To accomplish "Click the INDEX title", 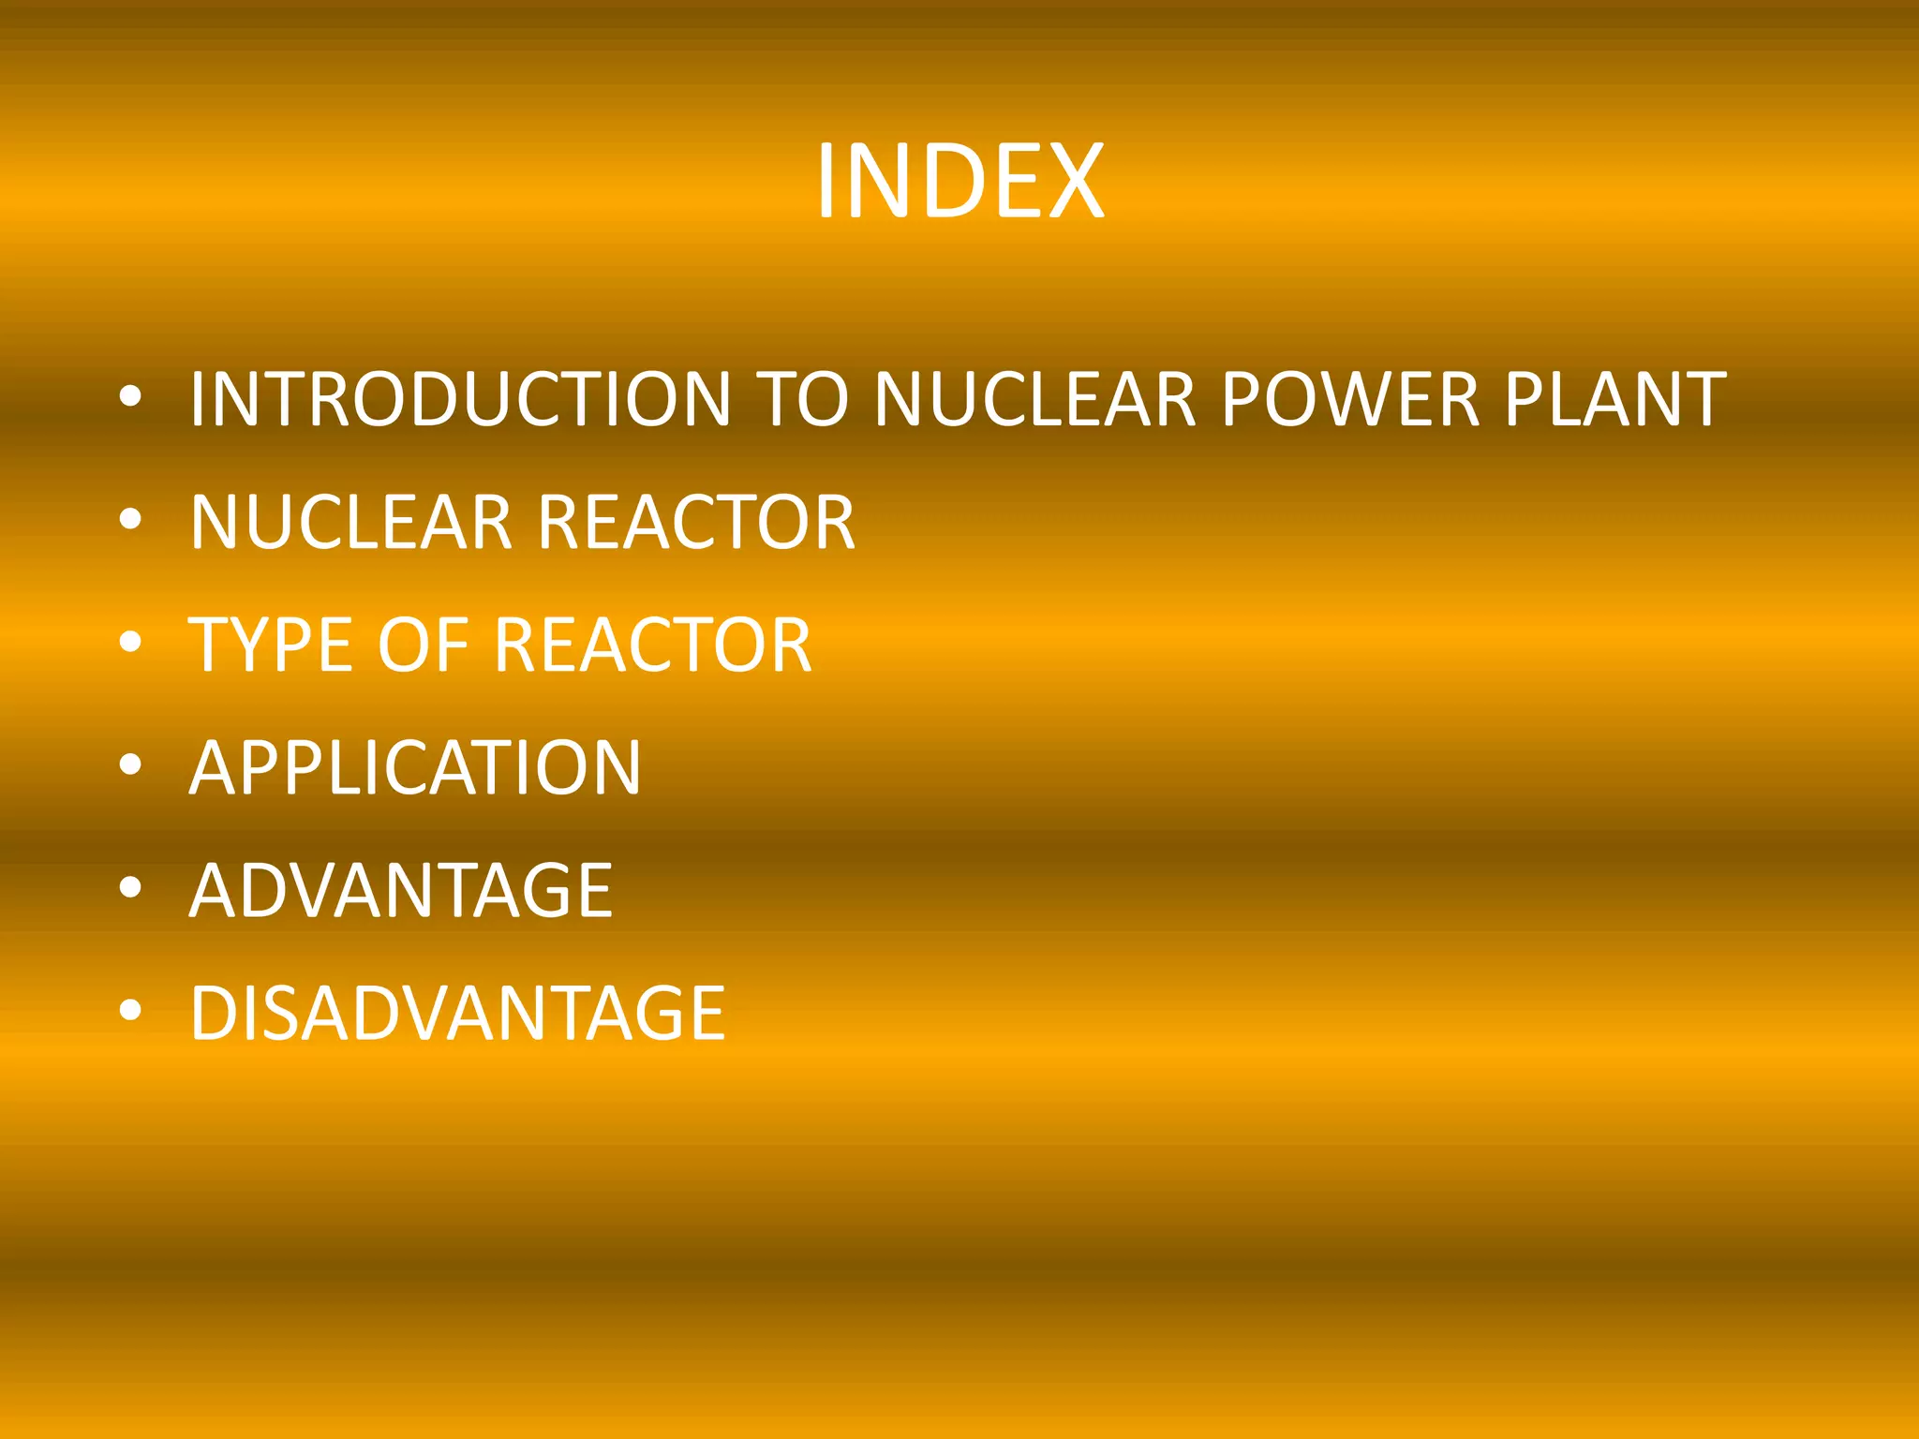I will click(x=959, y=182).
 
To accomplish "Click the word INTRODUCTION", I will click(x=460, y=399).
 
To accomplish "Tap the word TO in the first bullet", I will click(x=802, y=399).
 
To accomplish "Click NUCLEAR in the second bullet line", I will click(x=351, y=522).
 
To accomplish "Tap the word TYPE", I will click(x=272, y=645).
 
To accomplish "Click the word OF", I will click(x=422, y=645).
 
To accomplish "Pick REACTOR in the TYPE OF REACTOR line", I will click(x=652, y=645).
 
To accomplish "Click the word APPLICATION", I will click(x=415, y=767).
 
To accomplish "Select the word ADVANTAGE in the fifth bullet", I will click(x=401, y=890).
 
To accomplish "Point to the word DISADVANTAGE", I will click(x=457, y=1013).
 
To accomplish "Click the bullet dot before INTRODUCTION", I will click(x=131, y=397).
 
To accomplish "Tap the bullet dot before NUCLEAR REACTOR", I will click(x=131, y=519).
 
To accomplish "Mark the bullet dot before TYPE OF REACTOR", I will click(x=131, y=643).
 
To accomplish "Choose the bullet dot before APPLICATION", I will click(x=131, y=765).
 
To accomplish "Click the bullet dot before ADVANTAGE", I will click(x=131, y=888).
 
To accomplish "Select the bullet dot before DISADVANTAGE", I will click(x=131, y=1011).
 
